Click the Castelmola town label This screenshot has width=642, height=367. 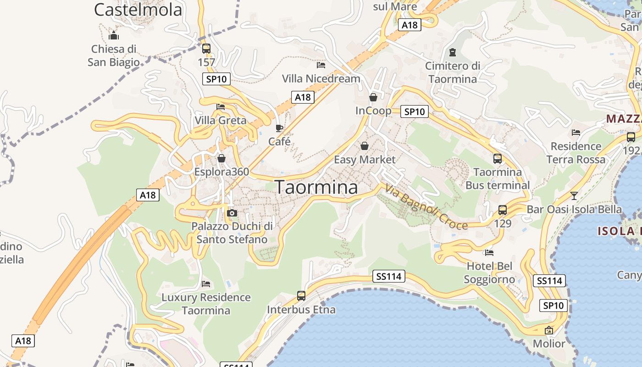[138, 9]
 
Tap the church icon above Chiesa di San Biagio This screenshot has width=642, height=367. [113, 35]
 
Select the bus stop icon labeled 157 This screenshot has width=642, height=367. [206, 49]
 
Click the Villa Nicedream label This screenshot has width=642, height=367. [321, 78]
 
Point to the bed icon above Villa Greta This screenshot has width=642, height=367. [221, 107]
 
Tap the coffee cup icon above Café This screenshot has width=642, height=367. [279, 128]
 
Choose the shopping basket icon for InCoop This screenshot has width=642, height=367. [373, 97]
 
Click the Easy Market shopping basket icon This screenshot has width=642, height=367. [365, 146]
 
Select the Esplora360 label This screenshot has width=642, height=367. [221, 172]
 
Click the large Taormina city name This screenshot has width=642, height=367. [316, 187]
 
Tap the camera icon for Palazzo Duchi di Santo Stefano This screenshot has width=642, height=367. [232, 213]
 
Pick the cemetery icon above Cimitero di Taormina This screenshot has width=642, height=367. [453, 52]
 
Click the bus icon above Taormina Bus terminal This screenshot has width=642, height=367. [498, 159]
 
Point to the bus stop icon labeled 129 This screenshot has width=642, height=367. [503, 210]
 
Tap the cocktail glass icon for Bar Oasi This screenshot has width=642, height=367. [574, 196]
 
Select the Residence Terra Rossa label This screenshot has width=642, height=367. [576, 153]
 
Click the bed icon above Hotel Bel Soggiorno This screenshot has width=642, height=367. [489, 252]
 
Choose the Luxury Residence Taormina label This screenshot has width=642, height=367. [206, 304]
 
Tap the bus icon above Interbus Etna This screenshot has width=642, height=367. [301, 296]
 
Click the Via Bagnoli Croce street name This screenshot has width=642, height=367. [426, 207]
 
